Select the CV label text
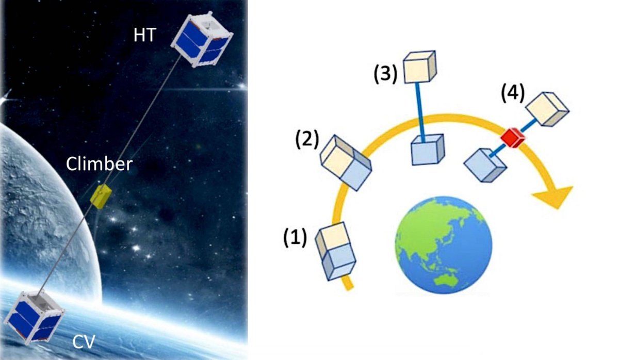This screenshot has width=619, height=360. (85, 341)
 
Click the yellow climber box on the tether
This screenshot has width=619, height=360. (101, 195)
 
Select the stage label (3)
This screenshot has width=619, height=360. (384, 75)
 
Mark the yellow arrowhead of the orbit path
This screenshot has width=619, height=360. (552, 197)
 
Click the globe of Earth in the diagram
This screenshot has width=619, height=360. (443, 244)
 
